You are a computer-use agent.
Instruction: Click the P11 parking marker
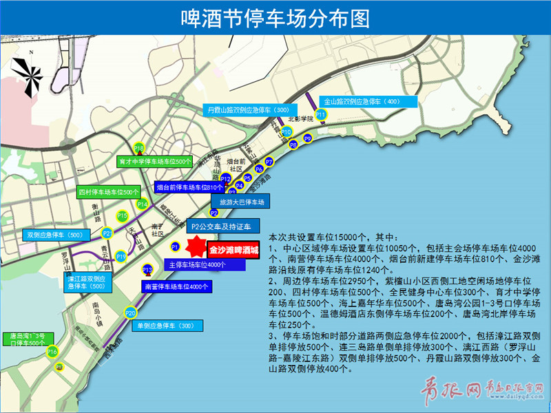(321, 114)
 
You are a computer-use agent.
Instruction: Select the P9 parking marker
(308, 138)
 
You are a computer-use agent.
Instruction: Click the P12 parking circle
(225, 179)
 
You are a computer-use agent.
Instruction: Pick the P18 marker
(138, 148)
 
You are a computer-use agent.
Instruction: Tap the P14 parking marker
(143, 204)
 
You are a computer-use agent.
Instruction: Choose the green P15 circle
(122, 216)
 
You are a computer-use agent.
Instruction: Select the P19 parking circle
(121, 256)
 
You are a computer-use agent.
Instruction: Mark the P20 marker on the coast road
(130, 313)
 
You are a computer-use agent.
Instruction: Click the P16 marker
(52, 352)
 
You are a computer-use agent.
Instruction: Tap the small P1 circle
(175, 246)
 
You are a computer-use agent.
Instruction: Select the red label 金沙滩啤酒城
(233, 251)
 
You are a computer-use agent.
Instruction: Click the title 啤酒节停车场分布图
(275, 17)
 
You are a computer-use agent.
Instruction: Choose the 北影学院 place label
(300, 119)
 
